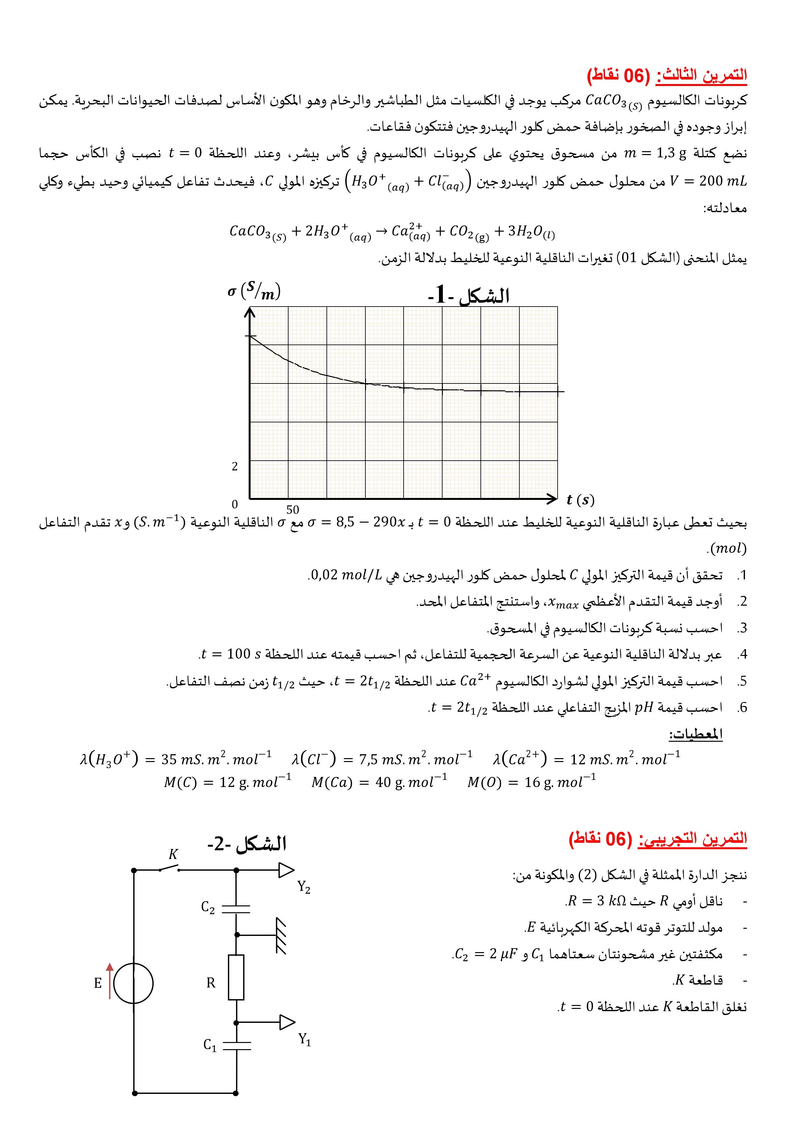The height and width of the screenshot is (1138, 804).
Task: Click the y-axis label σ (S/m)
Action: (x=254, y=291)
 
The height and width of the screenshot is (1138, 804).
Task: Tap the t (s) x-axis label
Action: (x=580, y=500)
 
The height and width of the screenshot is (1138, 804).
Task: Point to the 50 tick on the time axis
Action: (x=293, y=510)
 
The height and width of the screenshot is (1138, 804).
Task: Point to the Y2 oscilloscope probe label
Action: (x=304, y=887)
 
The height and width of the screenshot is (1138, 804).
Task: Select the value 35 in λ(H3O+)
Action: (x=170, y=759)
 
